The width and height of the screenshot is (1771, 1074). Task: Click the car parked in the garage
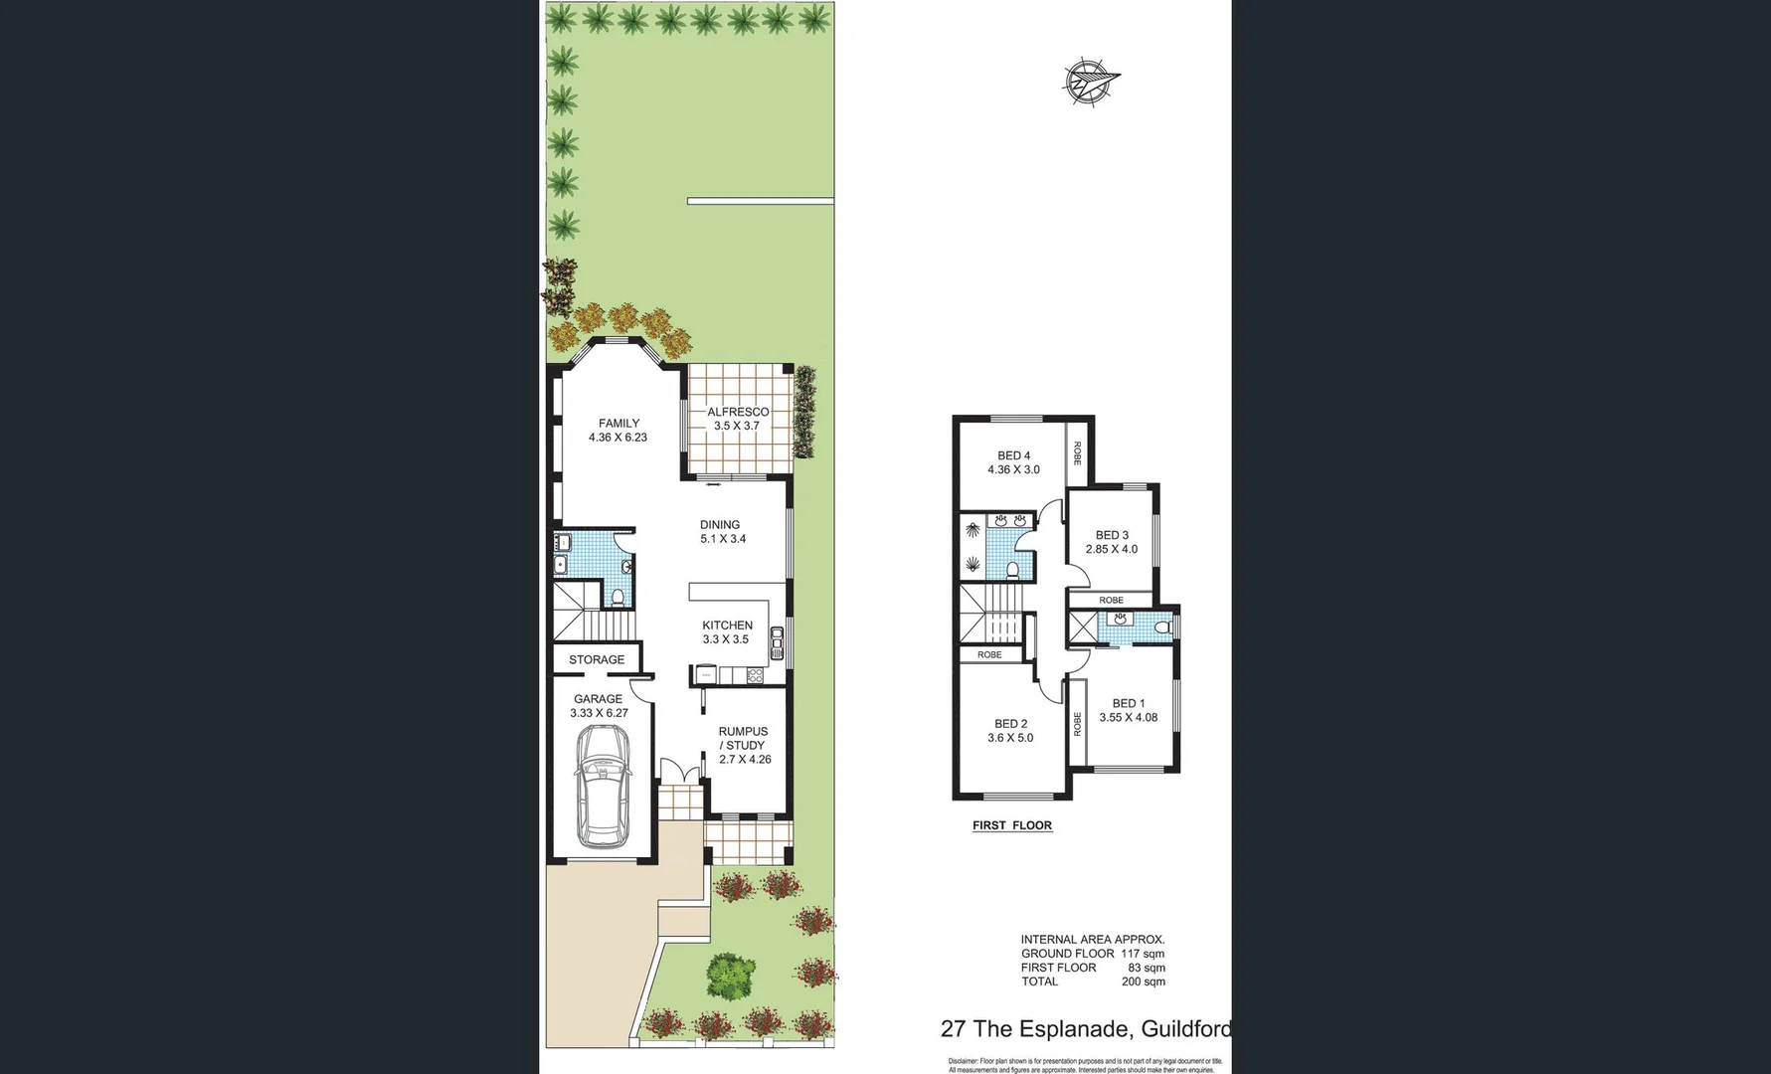tap(604, 786)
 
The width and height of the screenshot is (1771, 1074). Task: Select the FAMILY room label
tap(619, 423)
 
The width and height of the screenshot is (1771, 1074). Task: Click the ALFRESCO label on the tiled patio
tap(738, 412)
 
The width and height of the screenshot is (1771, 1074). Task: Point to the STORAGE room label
tap(597, 659)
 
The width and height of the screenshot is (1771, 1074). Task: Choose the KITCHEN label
tap(727, 626)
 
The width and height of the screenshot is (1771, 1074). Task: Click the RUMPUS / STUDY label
tap(744, 738)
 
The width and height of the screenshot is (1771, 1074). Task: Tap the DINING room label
tap(720, 525)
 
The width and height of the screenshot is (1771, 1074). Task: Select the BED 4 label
tap(1013, 456)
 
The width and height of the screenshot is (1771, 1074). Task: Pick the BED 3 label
tap(1112, 535)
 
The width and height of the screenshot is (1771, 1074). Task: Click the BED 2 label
tap(1010, 724)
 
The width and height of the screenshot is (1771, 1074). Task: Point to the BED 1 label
tap(1128, 703)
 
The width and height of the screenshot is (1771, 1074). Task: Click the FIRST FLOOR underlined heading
tap(1011, 825)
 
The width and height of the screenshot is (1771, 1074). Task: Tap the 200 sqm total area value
tap(1143, 982)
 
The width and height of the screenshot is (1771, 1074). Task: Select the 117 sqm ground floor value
tap(1143, 954)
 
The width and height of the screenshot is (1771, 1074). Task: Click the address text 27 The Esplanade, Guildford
tap(1085, 1029)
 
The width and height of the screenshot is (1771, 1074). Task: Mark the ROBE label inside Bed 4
tap(1077, 453)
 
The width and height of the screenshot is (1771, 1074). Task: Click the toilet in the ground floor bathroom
tap(618, 597)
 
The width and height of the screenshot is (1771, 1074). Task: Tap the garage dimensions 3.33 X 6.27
tap(599, 713)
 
